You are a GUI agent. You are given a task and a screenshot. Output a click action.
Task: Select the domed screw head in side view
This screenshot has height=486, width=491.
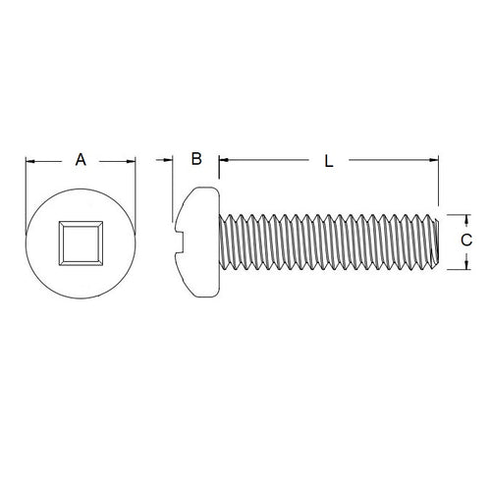[x=197, y=241]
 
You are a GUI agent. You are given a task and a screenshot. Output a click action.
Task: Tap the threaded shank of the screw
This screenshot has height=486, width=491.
[x=324, y=241]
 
